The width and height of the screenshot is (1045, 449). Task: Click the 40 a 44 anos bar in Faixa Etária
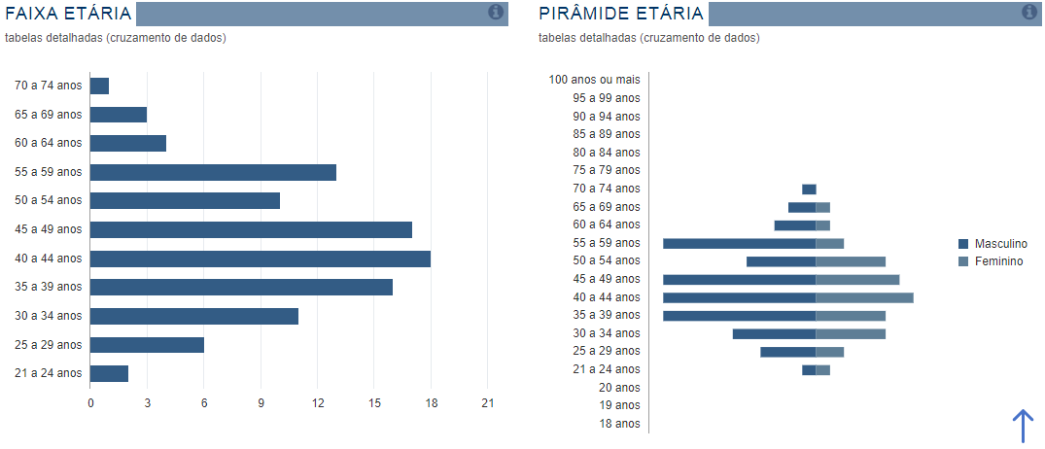(261, 259)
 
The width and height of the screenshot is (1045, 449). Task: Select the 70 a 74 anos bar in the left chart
(99, 86)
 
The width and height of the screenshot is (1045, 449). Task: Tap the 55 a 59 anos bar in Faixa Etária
(213, 172)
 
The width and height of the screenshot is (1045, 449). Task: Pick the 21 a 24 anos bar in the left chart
(109, 374)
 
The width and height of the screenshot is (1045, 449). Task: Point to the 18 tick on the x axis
(432, 403)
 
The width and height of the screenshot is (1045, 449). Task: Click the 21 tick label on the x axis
(488, 403)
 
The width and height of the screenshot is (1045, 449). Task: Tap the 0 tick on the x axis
(90, 403)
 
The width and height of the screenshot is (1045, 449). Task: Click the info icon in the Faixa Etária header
(496, 12)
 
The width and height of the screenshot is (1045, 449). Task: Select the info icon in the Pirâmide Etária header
(1029, 12)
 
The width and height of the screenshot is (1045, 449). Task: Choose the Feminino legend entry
(991, 261)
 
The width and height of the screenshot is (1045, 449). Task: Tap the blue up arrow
(1023, 427)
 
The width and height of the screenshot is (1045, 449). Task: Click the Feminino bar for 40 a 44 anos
(864, 297)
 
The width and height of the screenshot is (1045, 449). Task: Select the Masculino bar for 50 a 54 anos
(782, 261)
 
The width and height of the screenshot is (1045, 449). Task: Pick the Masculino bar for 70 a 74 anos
(809, 190)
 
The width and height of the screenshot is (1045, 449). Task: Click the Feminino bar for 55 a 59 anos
(830, 244)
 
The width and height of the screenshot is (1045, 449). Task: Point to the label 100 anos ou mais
(595, 80)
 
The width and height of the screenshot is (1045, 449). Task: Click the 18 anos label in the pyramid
(620, 424)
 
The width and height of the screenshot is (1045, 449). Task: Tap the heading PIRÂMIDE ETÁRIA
(621, 14)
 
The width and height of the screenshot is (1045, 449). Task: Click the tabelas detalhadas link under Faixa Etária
(116, 38)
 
